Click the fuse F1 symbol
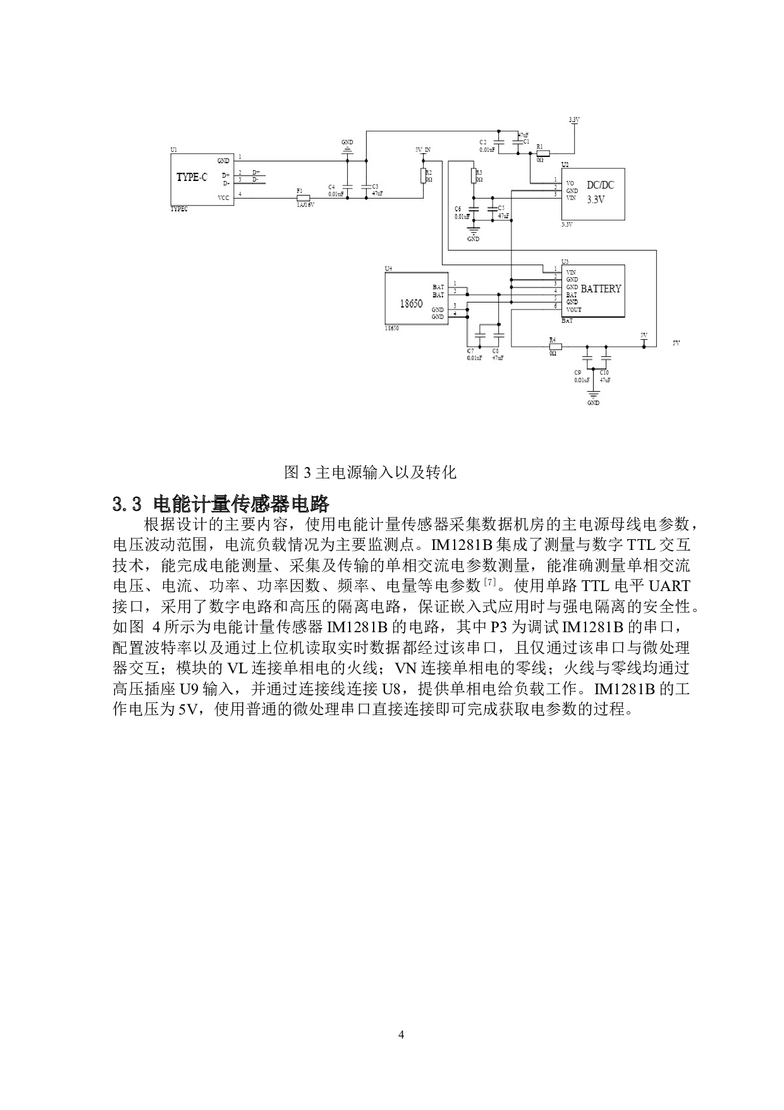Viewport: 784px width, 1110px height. pyautogui.click(x=303, y=198)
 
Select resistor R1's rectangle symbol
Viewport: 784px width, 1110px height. pyautogui.click(x=542, y=153)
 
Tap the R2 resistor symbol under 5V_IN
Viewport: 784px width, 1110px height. pyautogui.click(x=423, y=175)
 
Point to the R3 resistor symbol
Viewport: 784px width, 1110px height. pyautogui.click(x=474, y=175)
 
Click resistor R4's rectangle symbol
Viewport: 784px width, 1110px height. pyautogui.click(x=555, y=346)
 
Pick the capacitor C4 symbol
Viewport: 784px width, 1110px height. pyautogui.click(x=347, y=187)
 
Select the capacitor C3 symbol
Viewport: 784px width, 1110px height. pyautogui.click(x=366, y=187)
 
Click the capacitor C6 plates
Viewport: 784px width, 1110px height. pyautogui.click(x=474, y=209)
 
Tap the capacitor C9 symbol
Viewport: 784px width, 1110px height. pyautogui.click(x=587, y=358)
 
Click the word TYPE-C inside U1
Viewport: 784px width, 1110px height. pyautogui.click(x=192, y=177)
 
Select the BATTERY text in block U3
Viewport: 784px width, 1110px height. pyautogui.click(x=601, y=289)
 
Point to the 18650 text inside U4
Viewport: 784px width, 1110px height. pyautogui.click(x=411, y=304)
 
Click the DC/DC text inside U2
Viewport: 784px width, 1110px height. pyautogui.click(x=600, y=185)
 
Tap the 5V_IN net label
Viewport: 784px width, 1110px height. pyautogui.click(x=423, y=150)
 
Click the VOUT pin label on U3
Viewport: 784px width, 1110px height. pyautogui.click(x=573, y=310)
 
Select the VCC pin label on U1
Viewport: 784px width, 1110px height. pyautogui.click(x=224, y=197)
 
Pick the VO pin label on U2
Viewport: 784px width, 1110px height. pyautogui.click(x=570, y=184)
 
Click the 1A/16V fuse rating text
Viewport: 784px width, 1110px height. pyautogui.click(x=305, y=204)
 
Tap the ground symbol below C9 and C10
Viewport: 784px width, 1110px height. pyautogui.click(x=593, y=396)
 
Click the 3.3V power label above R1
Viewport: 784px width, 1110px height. pyautogui.click(x=574, y=120)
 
